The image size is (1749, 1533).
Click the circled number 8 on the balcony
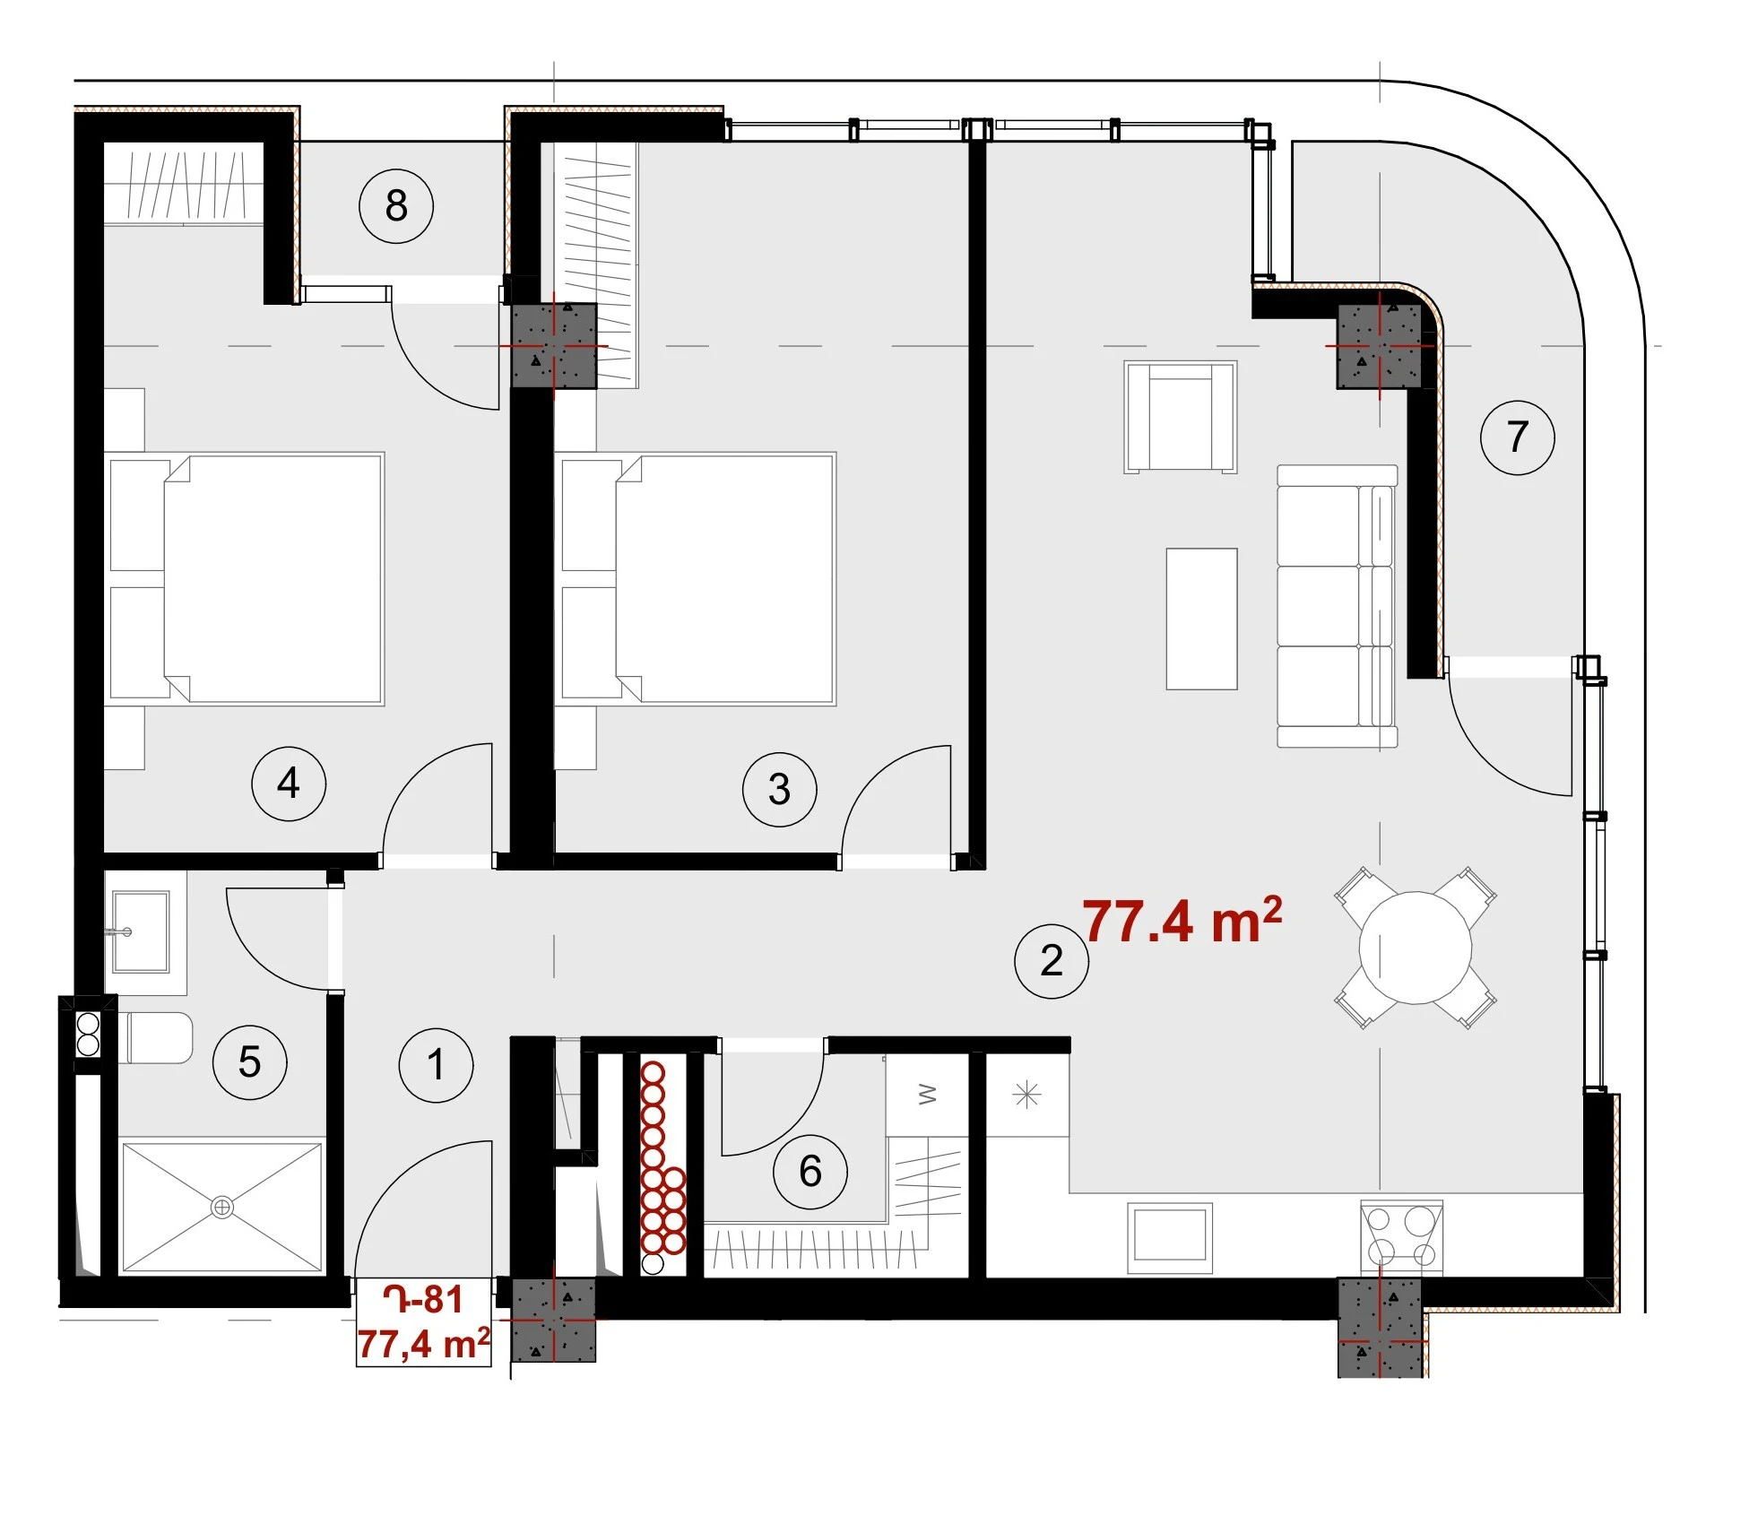(x=396, y=206)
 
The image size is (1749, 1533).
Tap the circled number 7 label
(x=1518, y=437)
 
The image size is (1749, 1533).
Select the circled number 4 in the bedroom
(x=289, y=784)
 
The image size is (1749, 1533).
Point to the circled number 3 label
(x=780, y=789)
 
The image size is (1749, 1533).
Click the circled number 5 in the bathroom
(x=250, y=1061)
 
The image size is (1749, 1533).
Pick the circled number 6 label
(x=810, y=1171)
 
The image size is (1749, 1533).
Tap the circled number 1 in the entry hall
(x=437, y=1065)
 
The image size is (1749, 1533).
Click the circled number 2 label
(x=1052, y=961)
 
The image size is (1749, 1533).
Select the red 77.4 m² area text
(x=1182, y=920)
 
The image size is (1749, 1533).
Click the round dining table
(x=1416, y=948)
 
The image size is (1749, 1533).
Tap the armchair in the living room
(x=1181, y=417)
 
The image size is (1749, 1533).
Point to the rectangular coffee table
(x=1201, y=619)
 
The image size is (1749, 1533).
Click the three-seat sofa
(x=1337, y=606)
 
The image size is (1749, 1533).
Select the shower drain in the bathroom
(x=222, y=1208)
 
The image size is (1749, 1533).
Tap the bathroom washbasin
(x=141, y=931)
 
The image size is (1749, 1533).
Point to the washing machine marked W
(x=927, y=1096)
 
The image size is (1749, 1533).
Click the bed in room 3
(x=698, y=579)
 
